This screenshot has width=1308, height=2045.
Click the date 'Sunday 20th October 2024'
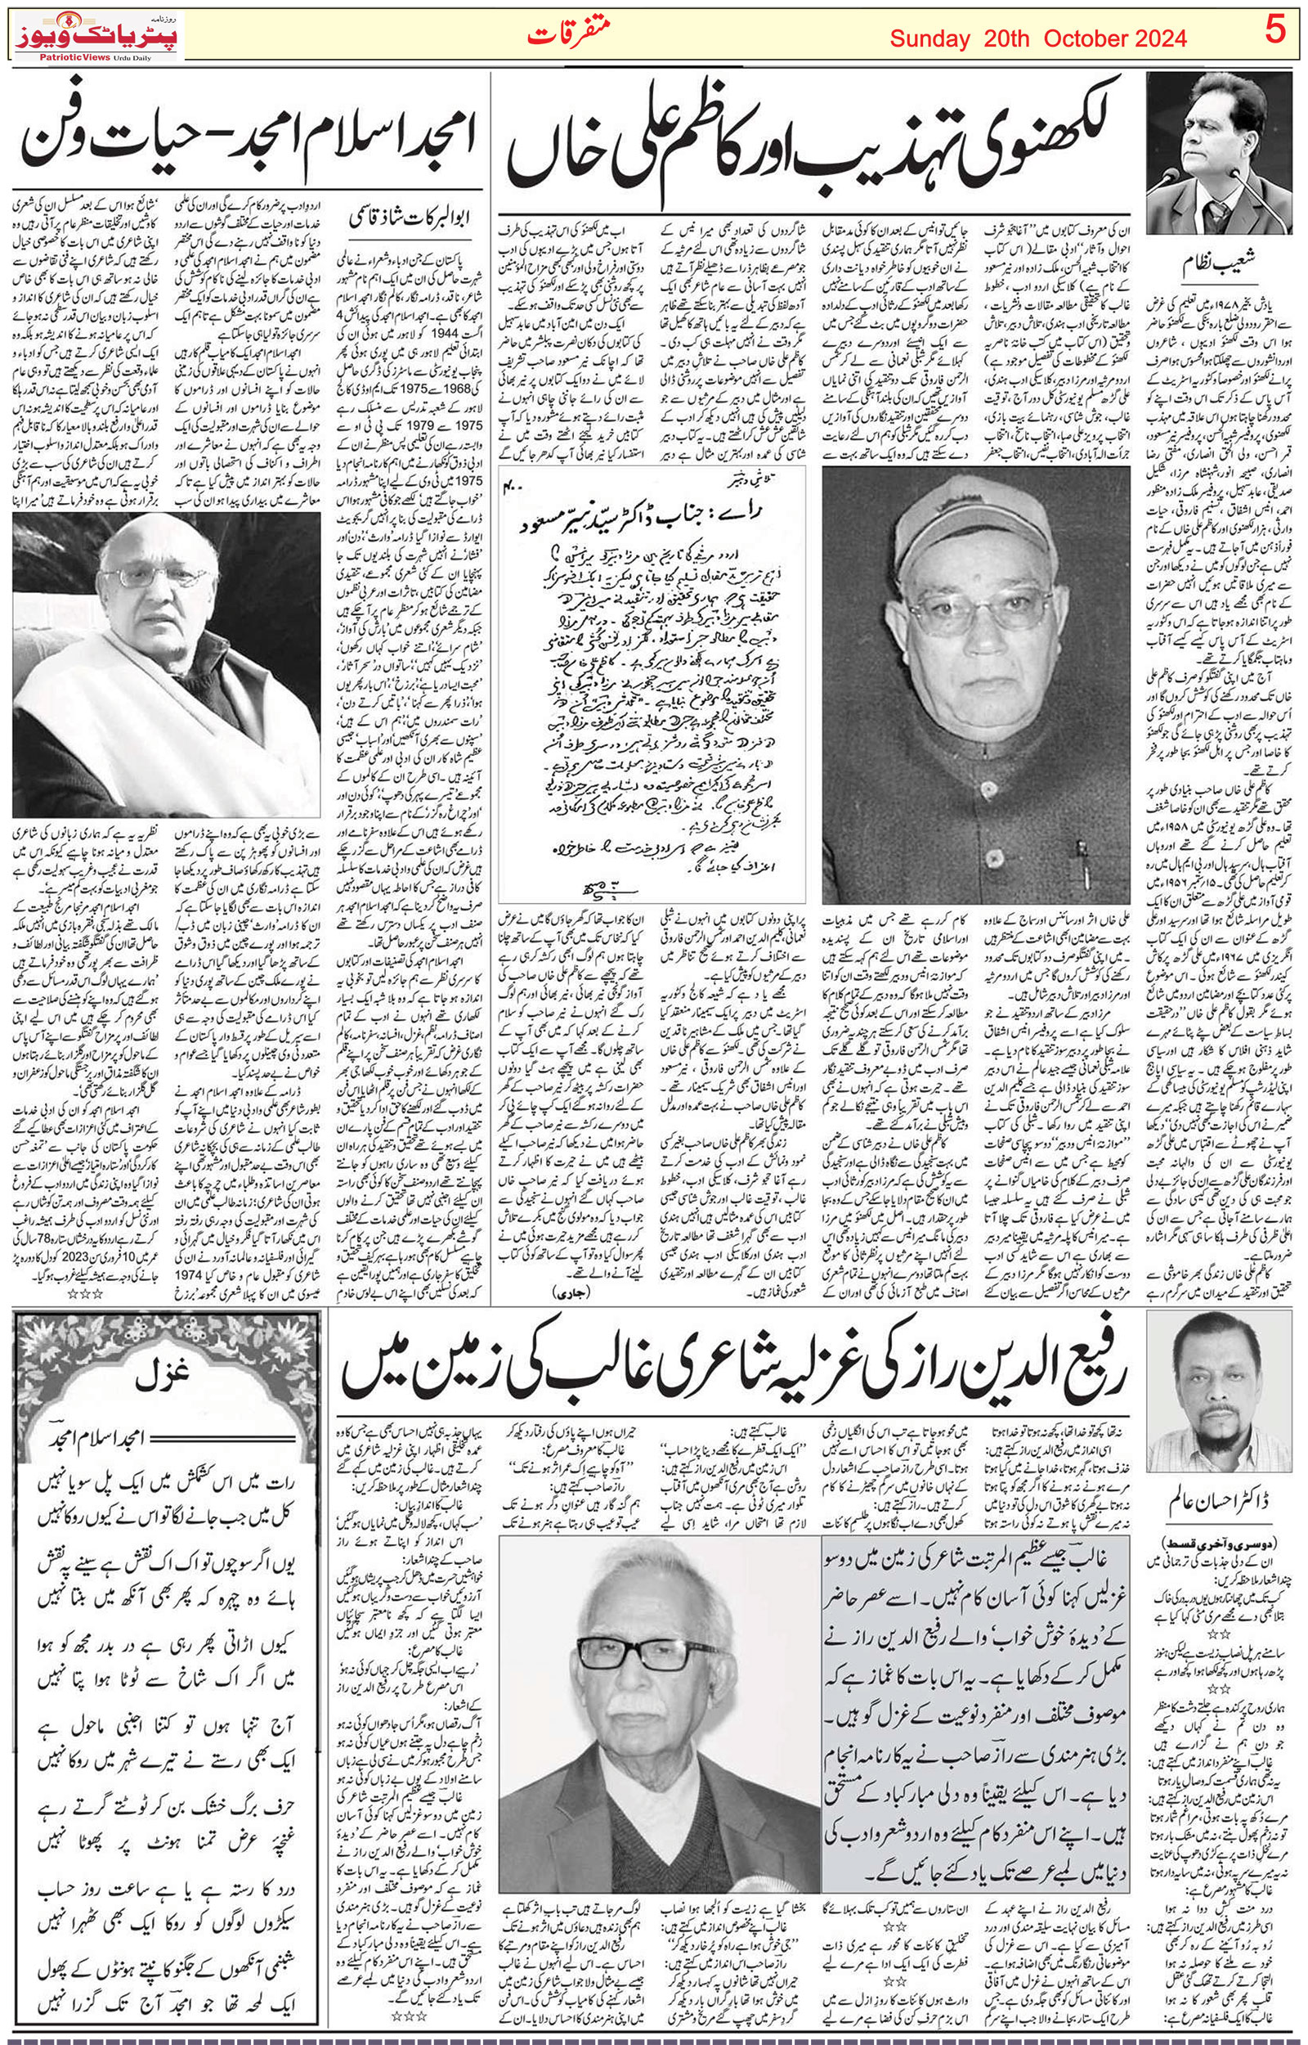click(1038, 39)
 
